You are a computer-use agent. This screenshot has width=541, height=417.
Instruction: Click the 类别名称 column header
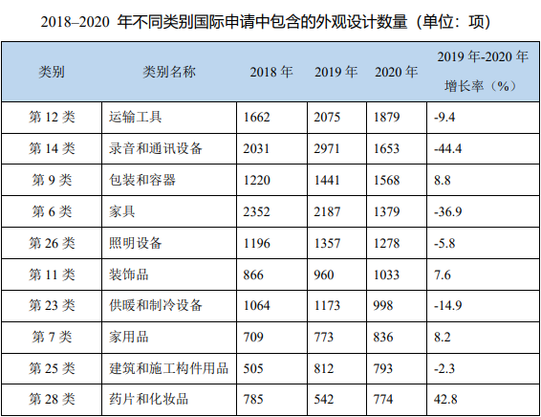pyautogui.click(x=169, y=72)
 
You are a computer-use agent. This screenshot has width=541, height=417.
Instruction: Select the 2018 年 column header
pyautogui.click(x=270, y=72)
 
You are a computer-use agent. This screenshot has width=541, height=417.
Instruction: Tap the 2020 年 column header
pyautogui.click(x=396, y=72)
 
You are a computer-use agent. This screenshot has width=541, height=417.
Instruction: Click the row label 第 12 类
pyautogui.click(x=53, y=117)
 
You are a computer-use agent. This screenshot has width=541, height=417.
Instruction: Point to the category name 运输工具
pyautogui.click(x=137, y=117)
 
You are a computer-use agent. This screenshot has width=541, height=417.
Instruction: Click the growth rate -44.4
pyautogui.click(x=448, y=148)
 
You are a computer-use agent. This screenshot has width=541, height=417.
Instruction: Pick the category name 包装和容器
pyautogui.click(x=143, y=179)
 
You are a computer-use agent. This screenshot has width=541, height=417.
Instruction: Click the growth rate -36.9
pyautogui.click(x=448, y=210)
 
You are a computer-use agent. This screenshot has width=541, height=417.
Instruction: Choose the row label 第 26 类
pyautogui.click(x=53, y=242)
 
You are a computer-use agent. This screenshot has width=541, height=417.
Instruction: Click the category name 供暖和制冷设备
pyautogui.click(x=157, y=305)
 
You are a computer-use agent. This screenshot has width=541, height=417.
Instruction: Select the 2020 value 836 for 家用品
pyautogui.click(x=388, y=336)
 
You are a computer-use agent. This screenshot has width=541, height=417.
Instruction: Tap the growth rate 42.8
pyautogui.click(x=446, y=399)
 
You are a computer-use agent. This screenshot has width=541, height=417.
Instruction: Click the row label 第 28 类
pyautogui.click(x=53, y=399)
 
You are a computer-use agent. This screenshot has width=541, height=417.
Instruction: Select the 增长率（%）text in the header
pyautogui.click(x=481, y=85)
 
